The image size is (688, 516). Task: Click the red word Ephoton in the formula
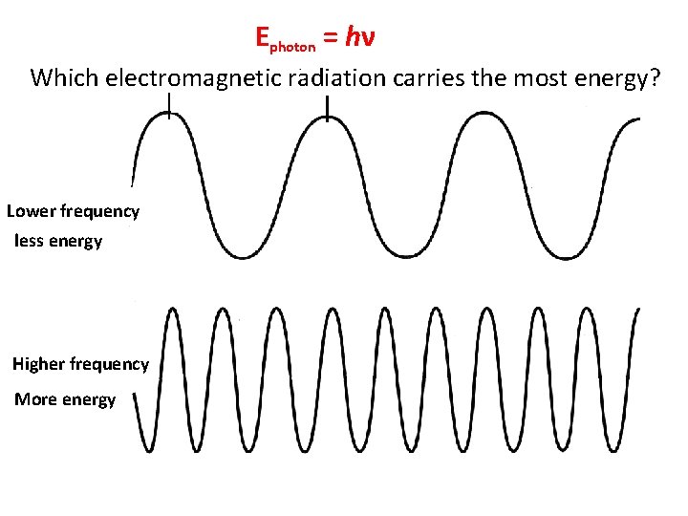[284, 39]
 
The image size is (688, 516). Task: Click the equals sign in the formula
[329, 38]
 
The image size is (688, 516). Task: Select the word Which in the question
[64, 77]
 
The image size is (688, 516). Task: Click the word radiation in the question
[336, 77]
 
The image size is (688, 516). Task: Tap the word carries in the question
[427, 78]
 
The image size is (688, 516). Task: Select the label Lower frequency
[73, 211]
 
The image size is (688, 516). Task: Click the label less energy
[58, 241]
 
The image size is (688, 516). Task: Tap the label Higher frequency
[80, 364]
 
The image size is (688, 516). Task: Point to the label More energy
[65, 399]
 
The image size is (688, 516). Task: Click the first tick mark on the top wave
[169, 105]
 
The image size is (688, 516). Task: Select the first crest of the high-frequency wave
[171, 311]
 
